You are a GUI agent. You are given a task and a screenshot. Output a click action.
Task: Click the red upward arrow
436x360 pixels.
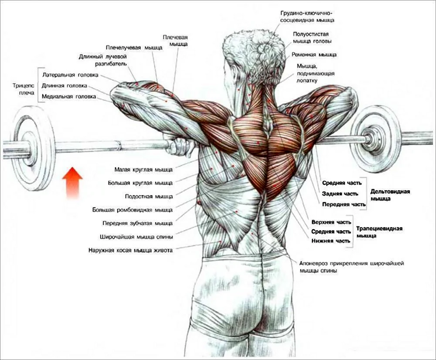click(72, 183)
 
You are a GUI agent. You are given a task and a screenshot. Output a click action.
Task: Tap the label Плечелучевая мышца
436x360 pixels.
click(134, 48)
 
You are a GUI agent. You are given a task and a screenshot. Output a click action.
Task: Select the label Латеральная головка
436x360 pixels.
click(70, 75)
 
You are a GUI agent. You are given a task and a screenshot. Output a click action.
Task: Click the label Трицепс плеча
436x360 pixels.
click(24, 89)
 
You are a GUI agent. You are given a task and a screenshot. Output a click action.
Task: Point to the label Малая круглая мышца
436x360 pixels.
click(143, 169)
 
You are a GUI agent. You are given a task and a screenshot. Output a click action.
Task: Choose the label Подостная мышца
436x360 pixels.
click(149, 197)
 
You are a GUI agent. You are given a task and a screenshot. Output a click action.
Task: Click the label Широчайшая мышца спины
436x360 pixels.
click(136, 237)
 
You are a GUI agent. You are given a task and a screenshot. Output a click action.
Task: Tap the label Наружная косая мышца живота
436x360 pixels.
click(130, 251)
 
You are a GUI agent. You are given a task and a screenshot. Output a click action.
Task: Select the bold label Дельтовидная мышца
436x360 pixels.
click(390, 195)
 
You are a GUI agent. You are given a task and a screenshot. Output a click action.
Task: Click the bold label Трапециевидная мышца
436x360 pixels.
click(379, 232)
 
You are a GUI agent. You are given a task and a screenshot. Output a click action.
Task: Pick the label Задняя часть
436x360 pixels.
click(340, 194)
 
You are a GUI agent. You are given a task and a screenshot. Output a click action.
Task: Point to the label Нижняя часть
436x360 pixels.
click(331, 241)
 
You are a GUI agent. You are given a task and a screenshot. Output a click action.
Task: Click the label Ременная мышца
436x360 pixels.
click(314, 55)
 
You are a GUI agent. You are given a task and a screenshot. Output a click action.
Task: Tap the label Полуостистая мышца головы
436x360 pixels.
click(312, 37)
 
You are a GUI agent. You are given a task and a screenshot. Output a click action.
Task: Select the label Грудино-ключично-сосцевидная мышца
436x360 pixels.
click(307, 17)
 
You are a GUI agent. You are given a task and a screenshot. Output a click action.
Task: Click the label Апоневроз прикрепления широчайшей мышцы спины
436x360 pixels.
click(351, 267)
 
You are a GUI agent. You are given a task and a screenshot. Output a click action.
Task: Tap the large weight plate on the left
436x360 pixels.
click(34, 149)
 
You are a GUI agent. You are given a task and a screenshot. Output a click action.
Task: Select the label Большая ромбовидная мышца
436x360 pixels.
click(133, 210)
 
